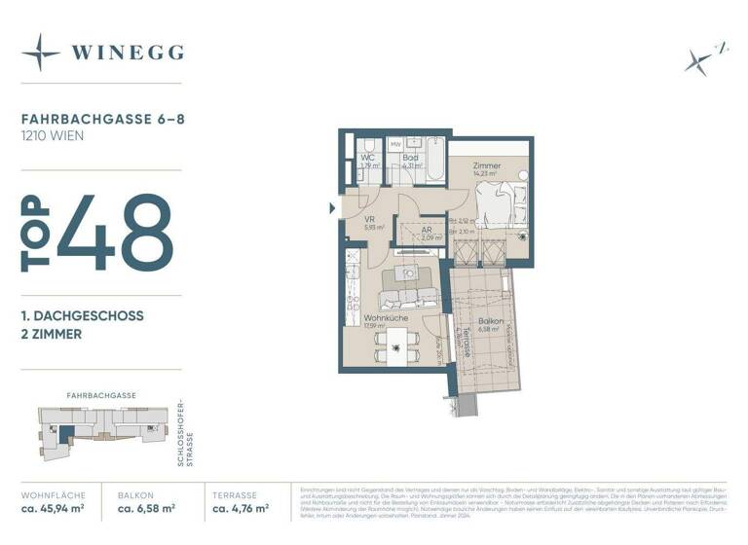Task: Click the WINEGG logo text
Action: click(128, 52)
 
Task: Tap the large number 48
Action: click(115, 234)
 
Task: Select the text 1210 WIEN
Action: click(53, 136)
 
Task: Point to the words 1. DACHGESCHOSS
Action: click(83, 316)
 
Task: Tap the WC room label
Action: click(367, 157)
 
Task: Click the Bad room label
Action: click(410, 157)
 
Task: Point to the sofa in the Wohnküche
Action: click(407, 293)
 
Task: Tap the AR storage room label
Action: click(427, 231)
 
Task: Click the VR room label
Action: click(370, 220)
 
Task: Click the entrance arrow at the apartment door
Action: click(332, 207)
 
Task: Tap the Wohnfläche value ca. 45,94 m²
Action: click(52, 508)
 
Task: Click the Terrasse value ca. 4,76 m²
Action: click(242, 508)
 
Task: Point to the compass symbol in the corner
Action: click(700, 58)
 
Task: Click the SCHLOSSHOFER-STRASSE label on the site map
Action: click(184, 433)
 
